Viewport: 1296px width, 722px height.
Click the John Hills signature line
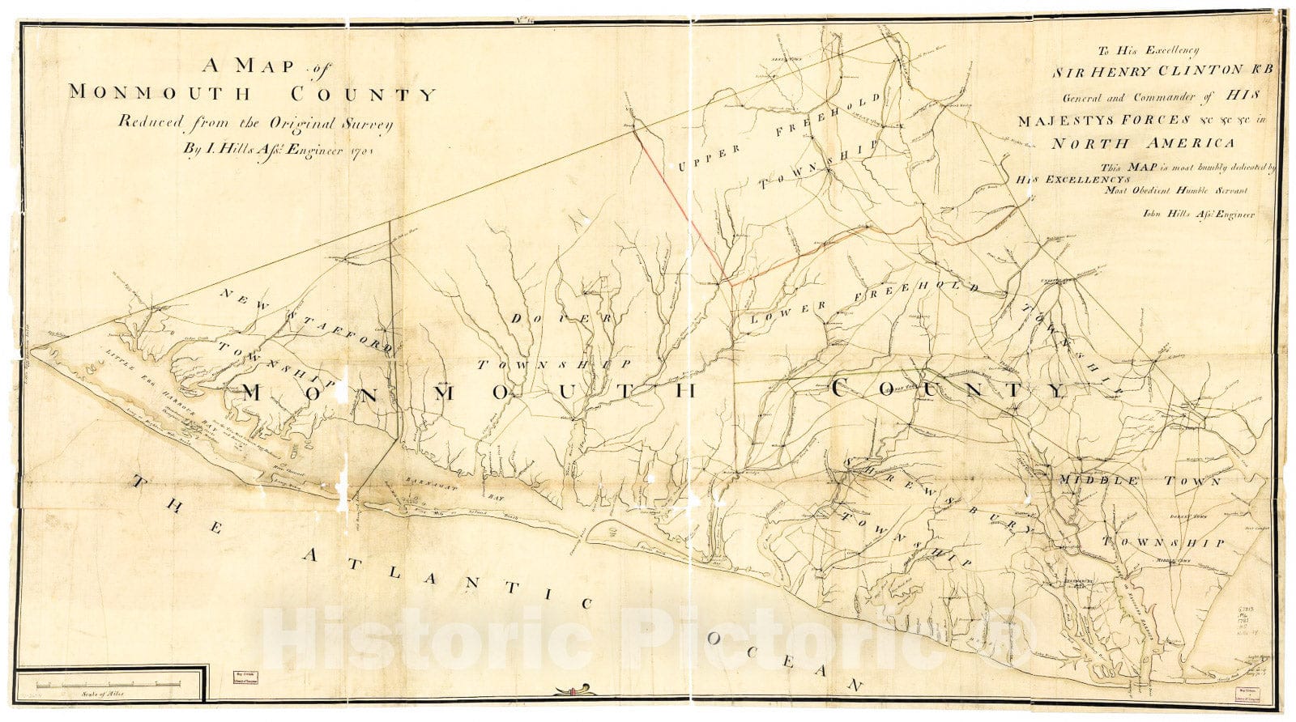pyautogui.click(x=1198, y=214)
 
